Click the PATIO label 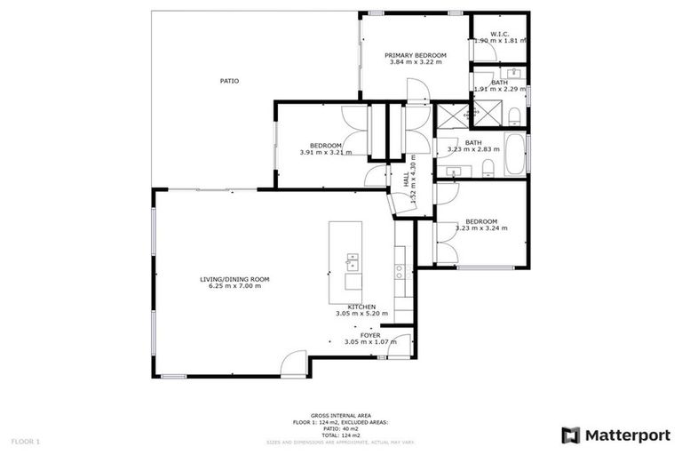(229, 81)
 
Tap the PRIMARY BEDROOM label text (415, 55)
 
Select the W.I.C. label (498, 34)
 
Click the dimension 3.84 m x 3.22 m (415, 63)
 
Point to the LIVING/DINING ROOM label (234, 279)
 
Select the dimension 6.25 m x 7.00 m (234, 286)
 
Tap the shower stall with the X (487, 115)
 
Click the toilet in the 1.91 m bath (515, 113)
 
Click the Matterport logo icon (570, 435)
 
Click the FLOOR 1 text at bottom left (25, 441)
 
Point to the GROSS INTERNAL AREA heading (341, 415)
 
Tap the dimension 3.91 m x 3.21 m (326, 152)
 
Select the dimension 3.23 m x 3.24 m (481, 228)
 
